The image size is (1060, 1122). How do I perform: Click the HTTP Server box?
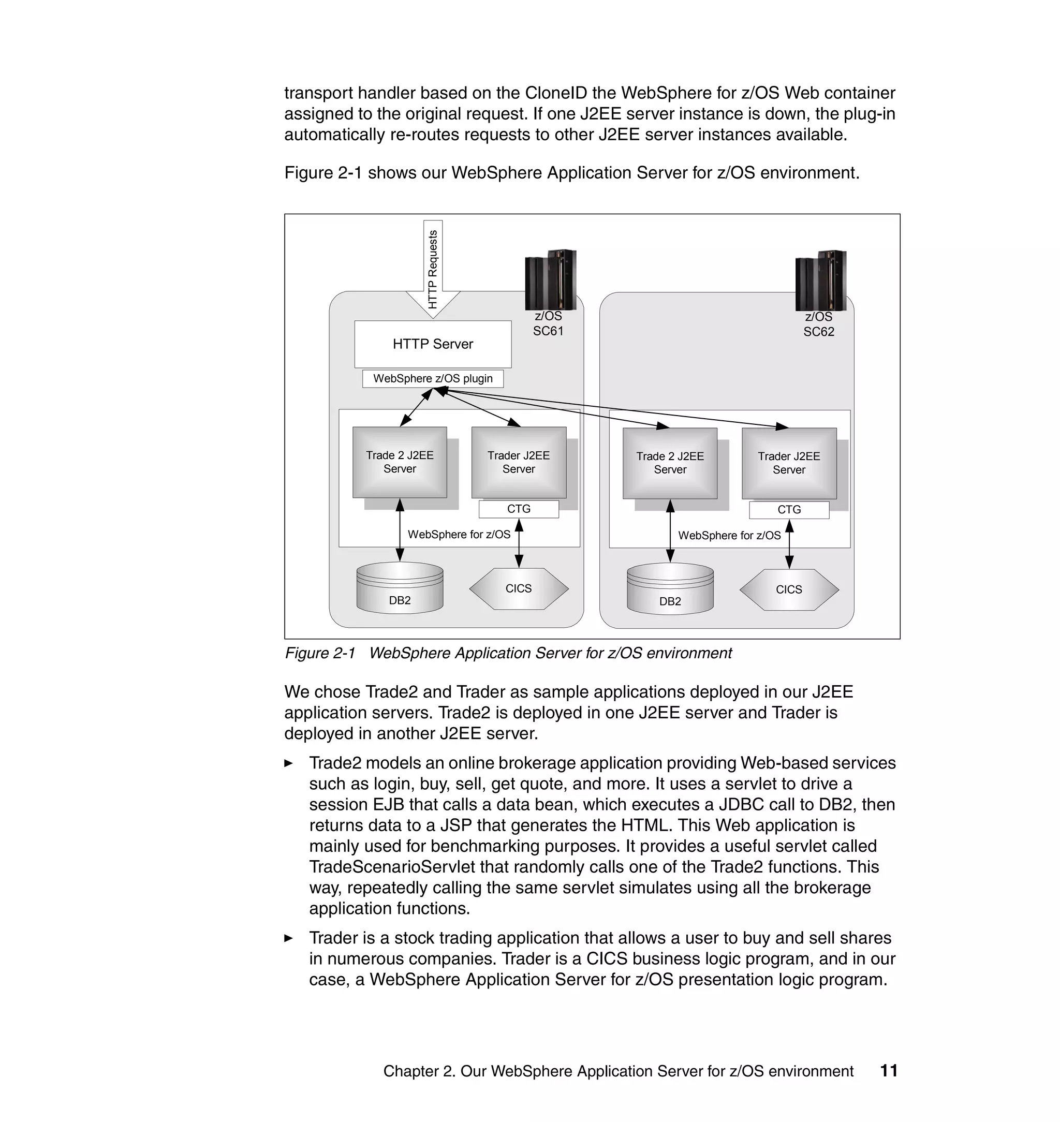point(433,344)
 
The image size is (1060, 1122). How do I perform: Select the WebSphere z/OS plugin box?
point(433,378)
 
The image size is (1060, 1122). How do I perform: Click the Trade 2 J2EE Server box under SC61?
point(400,462)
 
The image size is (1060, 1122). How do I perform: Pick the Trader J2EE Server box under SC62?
point(789,463)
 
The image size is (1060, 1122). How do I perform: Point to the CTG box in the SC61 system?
point(519,509)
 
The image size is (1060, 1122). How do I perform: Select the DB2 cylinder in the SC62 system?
point(670,590)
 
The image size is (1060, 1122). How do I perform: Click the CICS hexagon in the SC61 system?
point(519,588)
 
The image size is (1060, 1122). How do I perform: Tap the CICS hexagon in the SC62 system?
point(789,590)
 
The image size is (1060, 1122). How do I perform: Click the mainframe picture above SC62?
point(820,280)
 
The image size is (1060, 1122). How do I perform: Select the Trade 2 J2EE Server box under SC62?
point(670,463)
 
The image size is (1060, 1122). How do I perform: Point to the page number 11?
point(889,1071)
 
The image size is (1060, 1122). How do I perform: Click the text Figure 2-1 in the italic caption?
point(320,653)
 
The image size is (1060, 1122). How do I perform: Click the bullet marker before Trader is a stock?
point(289,938)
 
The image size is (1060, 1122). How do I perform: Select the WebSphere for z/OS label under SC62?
point(729,536)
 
